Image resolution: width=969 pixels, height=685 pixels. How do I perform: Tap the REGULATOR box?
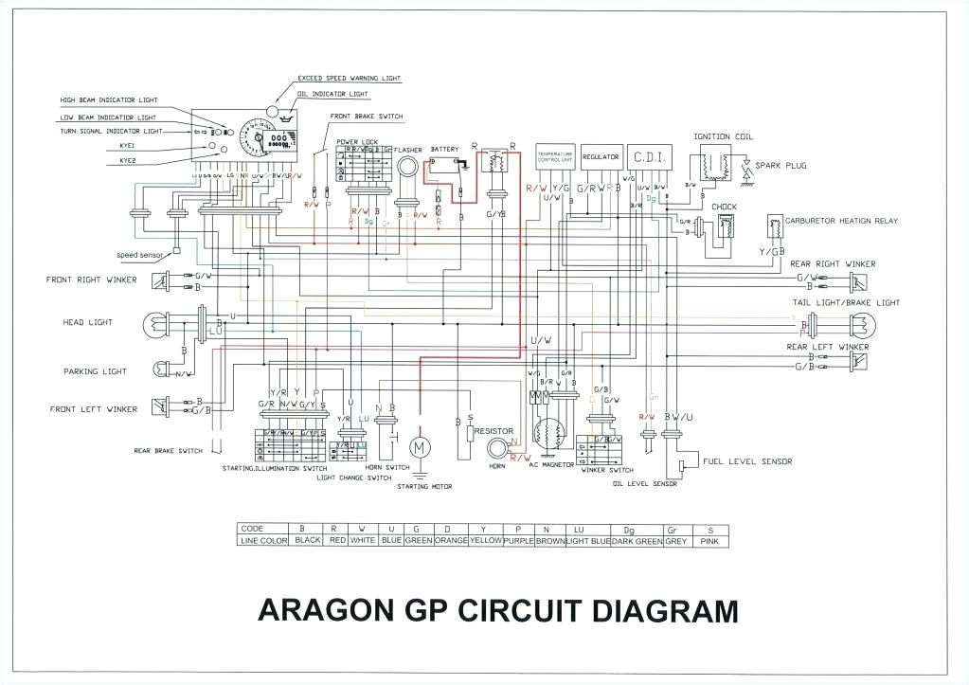coord(601,157)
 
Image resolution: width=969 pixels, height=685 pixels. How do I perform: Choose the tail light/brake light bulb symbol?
coord(866,324)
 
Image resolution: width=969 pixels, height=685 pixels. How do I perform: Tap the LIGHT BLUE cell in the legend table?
coord(587,540)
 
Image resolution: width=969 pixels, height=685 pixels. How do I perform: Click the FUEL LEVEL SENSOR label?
coord(747,461)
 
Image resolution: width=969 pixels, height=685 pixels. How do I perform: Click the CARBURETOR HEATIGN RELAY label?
coord(840,221)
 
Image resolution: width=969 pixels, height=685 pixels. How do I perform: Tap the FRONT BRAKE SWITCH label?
coord(366,117)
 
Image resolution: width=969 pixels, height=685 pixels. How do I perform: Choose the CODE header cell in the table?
coord(253,529)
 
